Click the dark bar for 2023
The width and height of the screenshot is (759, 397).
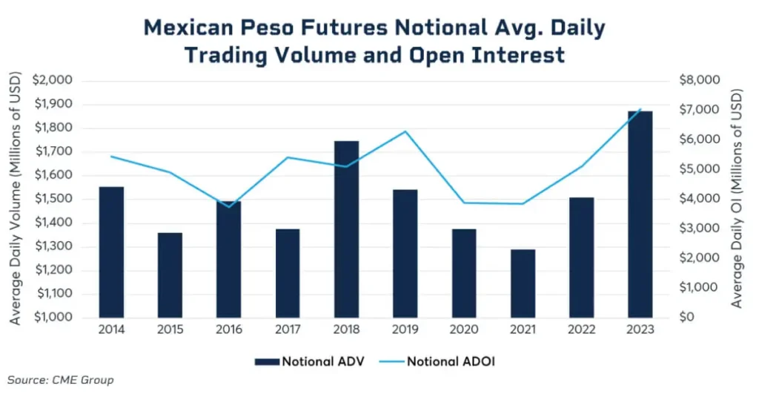(x=640, y=214)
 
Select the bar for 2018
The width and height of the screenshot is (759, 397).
(x=346, y=229)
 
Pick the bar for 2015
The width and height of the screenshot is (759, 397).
(x=170, y=275)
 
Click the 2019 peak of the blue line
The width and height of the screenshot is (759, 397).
(x=405, y=131)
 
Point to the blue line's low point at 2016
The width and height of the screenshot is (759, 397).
(x=228, y=206)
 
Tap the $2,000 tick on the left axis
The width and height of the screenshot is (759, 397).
(x=52, y=80)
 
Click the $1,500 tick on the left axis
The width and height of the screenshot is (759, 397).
(x=52, y=199)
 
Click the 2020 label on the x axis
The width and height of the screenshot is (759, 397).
(x=464, y=330)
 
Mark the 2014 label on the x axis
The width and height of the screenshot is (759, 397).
(x=111, y=330)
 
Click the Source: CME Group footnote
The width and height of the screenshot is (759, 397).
(x=60, y=380)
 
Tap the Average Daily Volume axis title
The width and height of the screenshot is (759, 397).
(x=15, y=198)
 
